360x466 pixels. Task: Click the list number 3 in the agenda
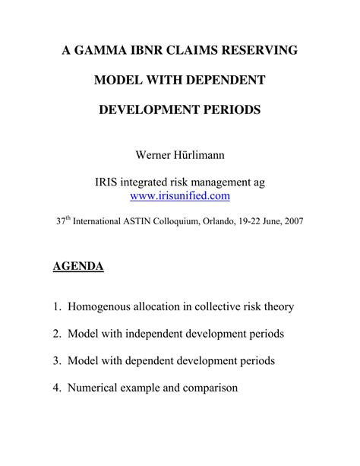pos(56,360)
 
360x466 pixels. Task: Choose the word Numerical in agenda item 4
pos(95,387)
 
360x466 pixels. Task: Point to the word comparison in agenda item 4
pos(207,387)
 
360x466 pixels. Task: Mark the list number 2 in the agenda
pos(56,334)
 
